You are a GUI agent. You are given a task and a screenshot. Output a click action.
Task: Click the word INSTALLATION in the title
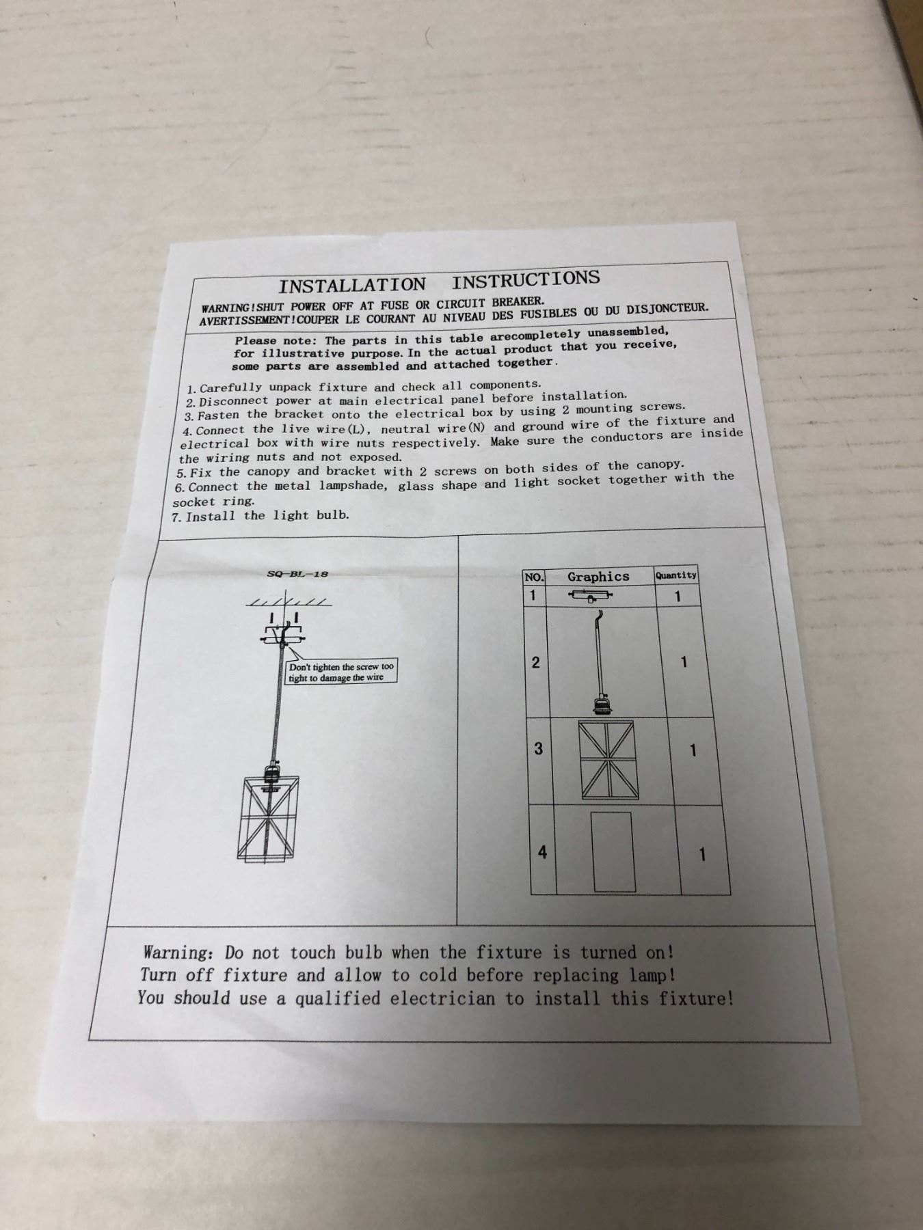tap(351, 285)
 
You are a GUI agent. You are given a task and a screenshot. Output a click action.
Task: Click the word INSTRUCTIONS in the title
tap(526, 279)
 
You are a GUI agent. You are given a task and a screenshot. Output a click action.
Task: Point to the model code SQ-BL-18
tap(297, 574)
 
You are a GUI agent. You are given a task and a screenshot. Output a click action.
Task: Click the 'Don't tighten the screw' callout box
tap(341, 672)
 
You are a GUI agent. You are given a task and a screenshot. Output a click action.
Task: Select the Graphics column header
tap(598, 577)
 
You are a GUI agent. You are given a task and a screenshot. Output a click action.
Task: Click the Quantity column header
tap(676, 575)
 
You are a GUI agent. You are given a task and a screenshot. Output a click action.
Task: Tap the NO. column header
tap(533, 577)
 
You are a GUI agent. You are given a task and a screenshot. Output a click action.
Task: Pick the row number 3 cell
tap(538, 749)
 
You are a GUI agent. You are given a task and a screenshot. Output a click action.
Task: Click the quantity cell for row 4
tap(701, 854)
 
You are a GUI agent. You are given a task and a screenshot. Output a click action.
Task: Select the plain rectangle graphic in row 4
tap(612, 851)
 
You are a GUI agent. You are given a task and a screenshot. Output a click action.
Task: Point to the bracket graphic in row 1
tap(590, 596)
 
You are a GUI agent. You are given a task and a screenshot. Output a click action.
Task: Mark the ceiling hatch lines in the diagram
tap(289, 602)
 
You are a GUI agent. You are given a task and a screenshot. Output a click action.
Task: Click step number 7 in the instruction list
tap(176, 517)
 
